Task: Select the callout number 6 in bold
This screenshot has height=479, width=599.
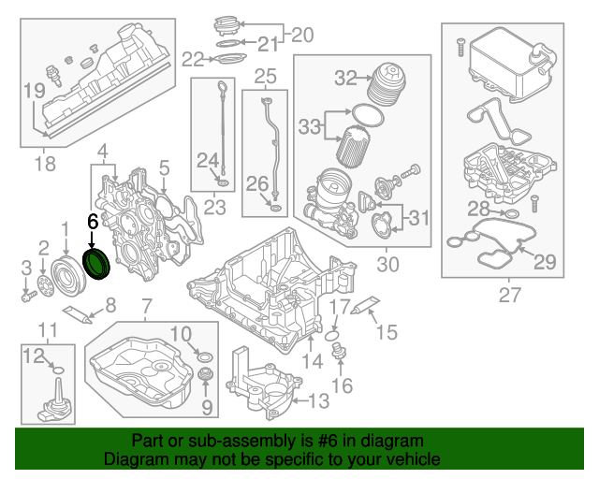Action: [x=92, y=222]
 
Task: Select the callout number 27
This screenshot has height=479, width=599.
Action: [x=510, y=297]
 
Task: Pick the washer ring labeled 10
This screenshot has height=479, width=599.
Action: [x=205, y=356]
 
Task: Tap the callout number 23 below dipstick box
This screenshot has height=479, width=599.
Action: [x=215, y=208]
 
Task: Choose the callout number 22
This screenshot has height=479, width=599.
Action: [x=193, y=60]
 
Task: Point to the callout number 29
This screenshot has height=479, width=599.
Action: [x=544, y=262]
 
